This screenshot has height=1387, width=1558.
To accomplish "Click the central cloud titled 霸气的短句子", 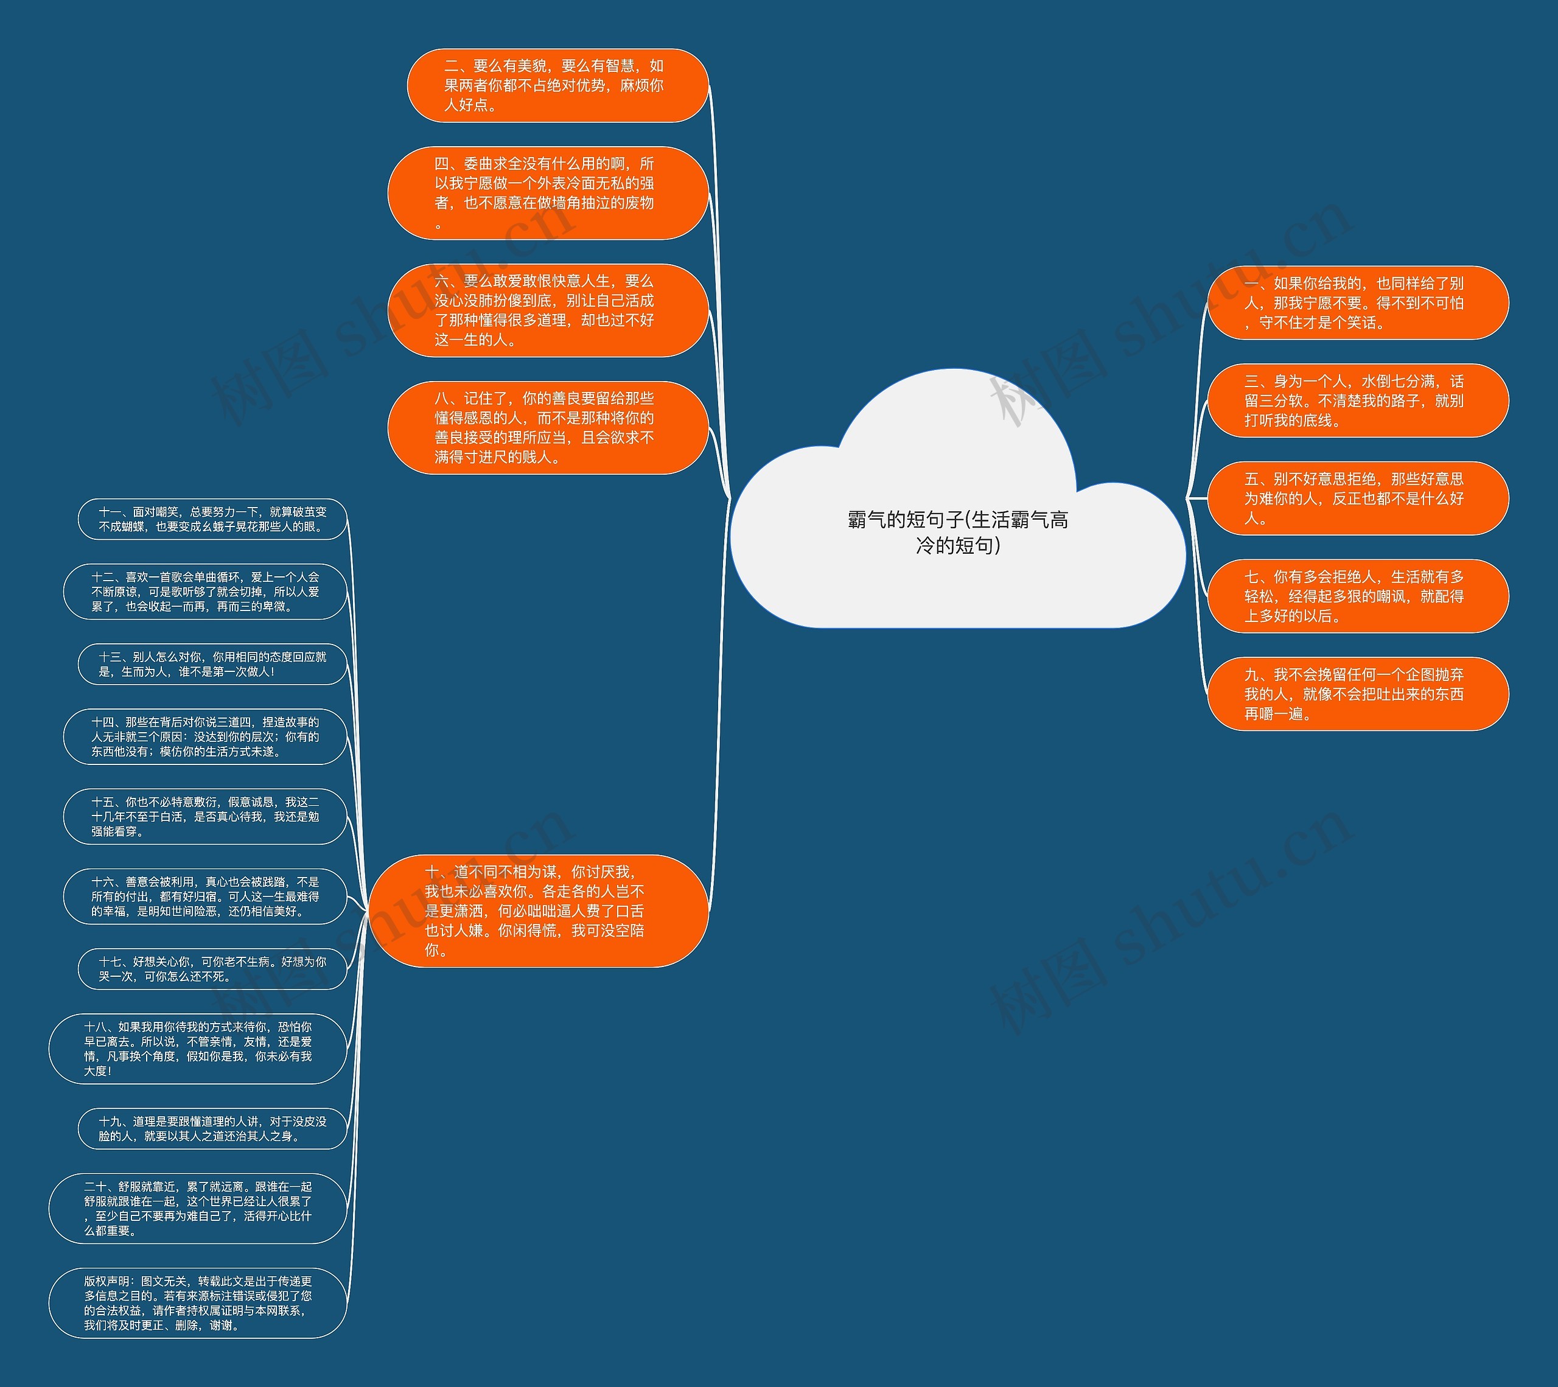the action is (x=957, y=503).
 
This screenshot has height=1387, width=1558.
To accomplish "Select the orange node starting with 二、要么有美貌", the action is (x=558, y=85).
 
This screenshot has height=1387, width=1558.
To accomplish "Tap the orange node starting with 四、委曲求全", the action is (x=548, y=193).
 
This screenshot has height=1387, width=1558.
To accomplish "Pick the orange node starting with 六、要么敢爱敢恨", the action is (x=548, y=310).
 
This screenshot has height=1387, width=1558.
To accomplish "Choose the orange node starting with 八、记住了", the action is (x=548, y=427).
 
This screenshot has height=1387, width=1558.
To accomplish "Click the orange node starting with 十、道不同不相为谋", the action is (x=538, y=910).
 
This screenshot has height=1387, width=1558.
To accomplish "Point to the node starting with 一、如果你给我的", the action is (x=1358, y=302).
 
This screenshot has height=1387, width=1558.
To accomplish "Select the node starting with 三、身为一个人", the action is (x=1358, y=400).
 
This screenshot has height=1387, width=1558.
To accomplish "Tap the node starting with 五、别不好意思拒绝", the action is (x=1358, y=498).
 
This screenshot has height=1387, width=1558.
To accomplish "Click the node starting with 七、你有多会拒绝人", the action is (x=1358, y=596).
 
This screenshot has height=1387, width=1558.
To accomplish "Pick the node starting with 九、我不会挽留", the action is (x=1358, y=694).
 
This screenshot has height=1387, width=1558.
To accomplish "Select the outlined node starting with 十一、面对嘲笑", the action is (x=212, y=519).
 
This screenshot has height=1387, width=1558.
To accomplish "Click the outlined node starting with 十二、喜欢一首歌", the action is (x=205, y=592).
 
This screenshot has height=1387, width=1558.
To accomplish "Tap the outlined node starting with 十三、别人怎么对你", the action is (x=212, y=664).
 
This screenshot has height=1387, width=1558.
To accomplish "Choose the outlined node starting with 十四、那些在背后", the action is (x=205, y=736).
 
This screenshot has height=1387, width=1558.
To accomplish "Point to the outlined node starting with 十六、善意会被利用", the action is (x=205, y=896).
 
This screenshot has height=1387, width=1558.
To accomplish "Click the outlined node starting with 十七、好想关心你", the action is (x=212, y=969).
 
